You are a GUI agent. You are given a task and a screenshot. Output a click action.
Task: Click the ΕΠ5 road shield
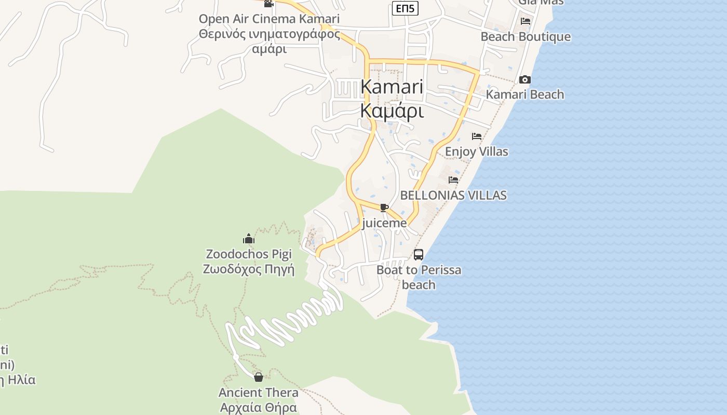pyautogui.click(x=405, y=8)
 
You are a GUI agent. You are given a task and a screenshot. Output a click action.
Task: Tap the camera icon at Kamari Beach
pyautogui.click(x=525, y=79)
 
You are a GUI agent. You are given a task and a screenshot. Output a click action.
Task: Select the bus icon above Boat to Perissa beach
pyautogui.click(x=419, y=255)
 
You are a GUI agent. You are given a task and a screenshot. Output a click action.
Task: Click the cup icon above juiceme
pyautogui.click(x=384, y=208)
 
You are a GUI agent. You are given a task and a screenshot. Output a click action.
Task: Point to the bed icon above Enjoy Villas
pyautogui.click(x=477, y=136)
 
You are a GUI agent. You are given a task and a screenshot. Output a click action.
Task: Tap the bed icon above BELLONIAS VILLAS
pyautogui.click(x=453, y=180)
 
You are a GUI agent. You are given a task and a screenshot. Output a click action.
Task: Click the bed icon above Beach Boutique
pyautogui.click(x=526, y=21)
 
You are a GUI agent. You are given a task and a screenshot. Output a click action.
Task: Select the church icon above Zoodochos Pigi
pyautogui.click(x=249, y=239)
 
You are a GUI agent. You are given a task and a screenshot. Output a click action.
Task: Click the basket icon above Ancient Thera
pyautogui.click(x=258, y=377)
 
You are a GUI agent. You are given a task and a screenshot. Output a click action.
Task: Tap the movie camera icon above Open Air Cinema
pyautogui.click(x=268, y=4)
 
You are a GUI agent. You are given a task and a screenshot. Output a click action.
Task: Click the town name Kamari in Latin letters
pyautogui.click(x=392, y=87)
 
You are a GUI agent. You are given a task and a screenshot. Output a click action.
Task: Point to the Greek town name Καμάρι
pyautogui.click(x=392, y=110)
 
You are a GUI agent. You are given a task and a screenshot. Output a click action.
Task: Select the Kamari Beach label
pyautogui.click(x=524, y=94)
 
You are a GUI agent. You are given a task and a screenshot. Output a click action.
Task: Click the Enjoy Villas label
pyautogui.click(x=477, y=151)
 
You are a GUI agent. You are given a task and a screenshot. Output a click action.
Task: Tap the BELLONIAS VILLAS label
pyautogui.click(x=453, y=195)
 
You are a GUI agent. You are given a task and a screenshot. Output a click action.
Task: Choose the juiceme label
pyautogui.click(x=384, y=223)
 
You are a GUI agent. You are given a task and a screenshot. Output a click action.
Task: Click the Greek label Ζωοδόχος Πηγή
pyautogui.click(x=249, y=269)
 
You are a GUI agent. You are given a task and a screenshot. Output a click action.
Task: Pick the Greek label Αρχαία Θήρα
pyautogui.click(x=258, y=407)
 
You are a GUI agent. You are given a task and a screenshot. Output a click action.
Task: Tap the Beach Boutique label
pyautogui.click(x=526, y=37)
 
